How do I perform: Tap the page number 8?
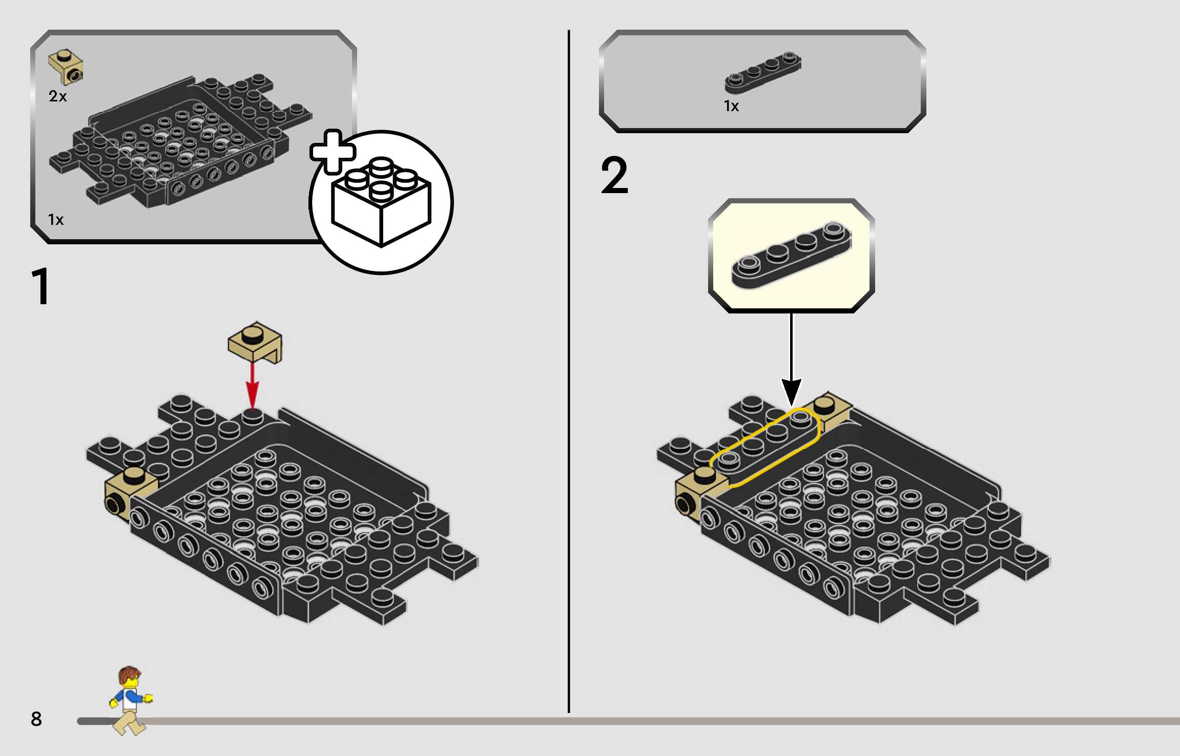[x=36, y=719]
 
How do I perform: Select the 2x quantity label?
[x=57, y=96]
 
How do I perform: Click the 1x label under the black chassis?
[x=55, y=220]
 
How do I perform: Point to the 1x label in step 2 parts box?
[x=731, y=106]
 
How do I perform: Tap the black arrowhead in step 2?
[x=791, y=392]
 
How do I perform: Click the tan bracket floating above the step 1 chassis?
[x=255, y=342]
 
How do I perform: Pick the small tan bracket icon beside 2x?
[x=66, y=67]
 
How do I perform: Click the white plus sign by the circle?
[x=333, y=151]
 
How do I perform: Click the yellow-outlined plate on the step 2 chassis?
[x=765, y=445]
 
